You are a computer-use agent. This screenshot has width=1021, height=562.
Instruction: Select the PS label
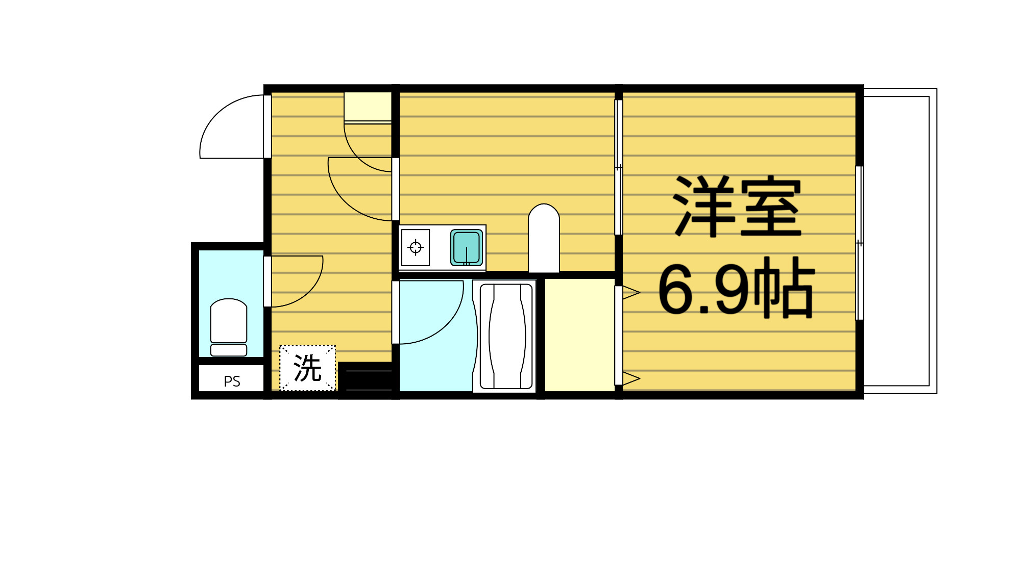232,381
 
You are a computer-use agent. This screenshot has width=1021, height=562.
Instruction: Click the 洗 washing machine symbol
307,368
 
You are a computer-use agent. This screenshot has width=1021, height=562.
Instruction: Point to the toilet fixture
229,326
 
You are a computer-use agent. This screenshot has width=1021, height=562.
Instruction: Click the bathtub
506,336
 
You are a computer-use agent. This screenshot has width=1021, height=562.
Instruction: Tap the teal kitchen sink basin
467,248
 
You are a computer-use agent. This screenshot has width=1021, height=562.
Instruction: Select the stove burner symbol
416,248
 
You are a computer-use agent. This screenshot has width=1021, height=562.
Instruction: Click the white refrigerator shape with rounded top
544,239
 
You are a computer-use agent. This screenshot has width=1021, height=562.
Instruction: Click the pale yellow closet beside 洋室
580,335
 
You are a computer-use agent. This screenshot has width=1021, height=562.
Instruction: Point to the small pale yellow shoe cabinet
368,107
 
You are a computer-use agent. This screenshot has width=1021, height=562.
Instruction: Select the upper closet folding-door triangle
631,292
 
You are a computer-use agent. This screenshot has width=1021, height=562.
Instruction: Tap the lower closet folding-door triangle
631,378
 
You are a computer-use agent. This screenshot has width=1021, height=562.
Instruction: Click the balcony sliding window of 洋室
860,243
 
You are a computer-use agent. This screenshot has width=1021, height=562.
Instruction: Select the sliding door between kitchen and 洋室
619,167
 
